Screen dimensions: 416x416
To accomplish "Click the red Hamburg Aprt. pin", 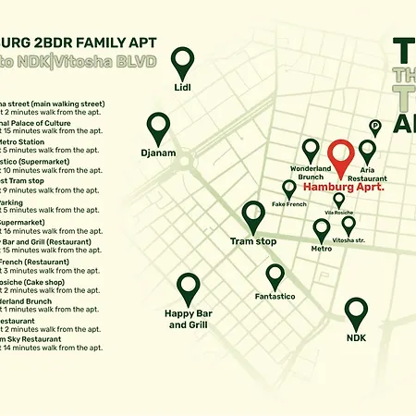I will coord(341,155).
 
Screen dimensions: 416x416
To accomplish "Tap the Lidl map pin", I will coord(183,63).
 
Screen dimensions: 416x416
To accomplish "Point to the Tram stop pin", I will coord(253,216).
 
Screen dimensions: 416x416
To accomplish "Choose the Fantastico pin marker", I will coord(275,275).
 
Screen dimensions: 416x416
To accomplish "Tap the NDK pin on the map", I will coord(356,312).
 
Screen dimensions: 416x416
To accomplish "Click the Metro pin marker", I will coord(322,228).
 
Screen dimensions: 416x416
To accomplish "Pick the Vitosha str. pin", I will coord(349,225).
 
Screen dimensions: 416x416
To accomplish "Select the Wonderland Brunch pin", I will coord(311,150).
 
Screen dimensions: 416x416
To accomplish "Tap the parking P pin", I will coord(375,127).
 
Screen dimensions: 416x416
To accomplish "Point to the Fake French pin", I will coord(289,189).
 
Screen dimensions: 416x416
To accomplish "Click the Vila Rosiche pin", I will coord(338,199).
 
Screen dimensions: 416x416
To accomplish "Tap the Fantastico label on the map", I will coord(275,297).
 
